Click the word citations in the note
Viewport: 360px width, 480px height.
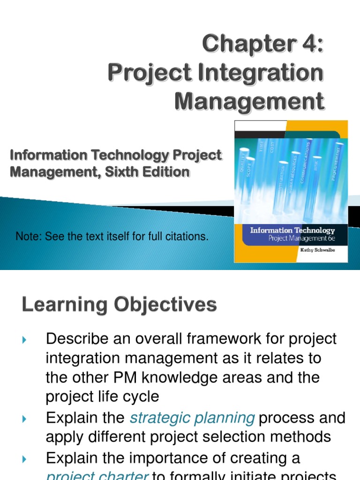pos(187,237)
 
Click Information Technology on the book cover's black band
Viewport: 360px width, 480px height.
pos(292,230)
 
